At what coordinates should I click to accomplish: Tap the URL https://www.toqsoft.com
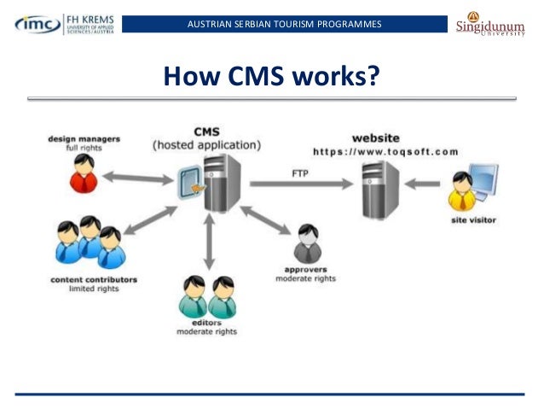pyautogui.click(x=385, y=151)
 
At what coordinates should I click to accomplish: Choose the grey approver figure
pyautogui.click(x=306, y=245)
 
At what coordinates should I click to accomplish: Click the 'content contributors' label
pyautogui.click(x=94, y=279)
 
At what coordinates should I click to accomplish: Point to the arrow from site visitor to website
pyautogui.click(x=424, y=182)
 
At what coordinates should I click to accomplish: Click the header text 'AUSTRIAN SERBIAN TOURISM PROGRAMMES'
pyautogui.click(x=285, y=23)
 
